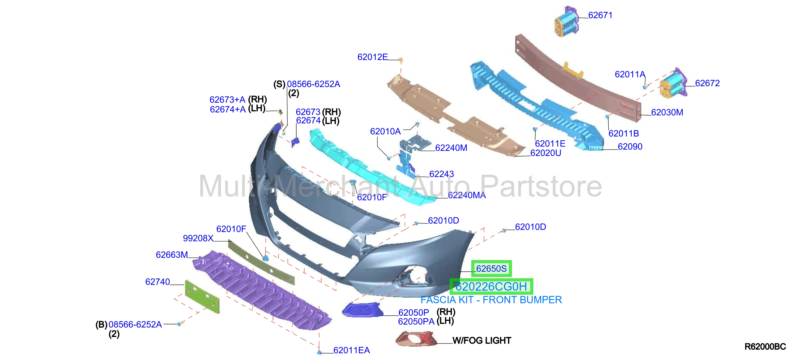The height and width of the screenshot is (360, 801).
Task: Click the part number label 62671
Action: (600, 15)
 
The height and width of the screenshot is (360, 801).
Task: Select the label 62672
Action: (707, 83)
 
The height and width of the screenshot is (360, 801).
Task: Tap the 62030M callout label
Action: (667, 113)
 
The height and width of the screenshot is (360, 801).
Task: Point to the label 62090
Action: (630, 147)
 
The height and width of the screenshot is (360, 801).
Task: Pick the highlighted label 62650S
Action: (491, 269)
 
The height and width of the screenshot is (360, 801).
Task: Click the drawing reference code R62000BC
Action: (765, 347)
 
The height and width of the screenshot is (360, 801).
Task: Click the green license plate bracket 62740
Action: (202, 297)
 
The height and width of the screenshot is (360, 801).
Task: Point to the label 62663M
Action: (172, 255)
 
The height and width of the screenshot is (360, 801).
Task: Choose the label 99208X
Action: (198, 238)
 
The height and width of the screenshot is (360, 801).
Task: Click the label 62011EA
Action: (351, 350)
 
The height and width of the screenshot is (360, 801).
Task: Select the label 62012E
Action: (372, 57)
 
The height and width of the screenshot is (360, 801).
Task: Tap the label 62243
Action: (442, 174)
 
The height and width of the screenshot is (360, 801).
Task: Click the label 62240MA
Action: (467, 195)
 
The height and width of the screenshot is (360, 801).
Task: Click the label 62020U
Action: (546, 153)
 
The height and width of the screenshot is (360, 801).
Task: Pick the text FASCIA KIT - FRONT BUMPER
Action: (491, 300)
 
